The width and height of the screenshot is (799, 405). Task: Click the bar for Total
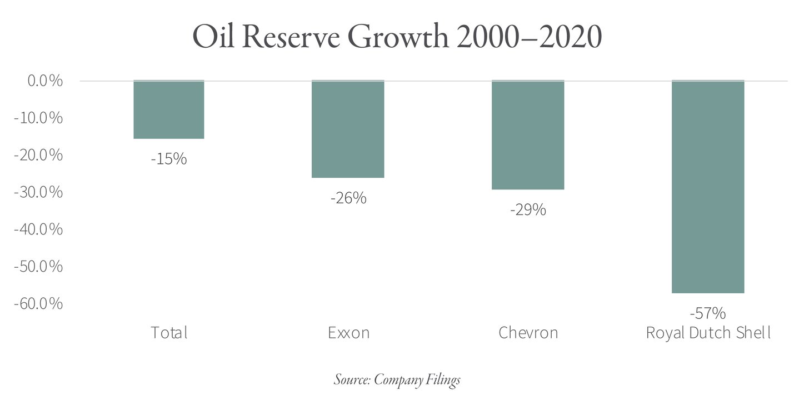(169, 109)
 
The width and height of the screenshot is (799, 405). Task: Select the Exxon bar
(348, 129)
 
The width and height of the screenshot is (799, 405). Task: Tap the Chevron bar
(528, 135)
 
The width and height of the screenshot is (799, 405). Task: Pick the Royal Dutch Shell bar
(707, 187)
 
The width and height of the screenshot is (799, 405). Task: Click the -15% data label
(169, 159)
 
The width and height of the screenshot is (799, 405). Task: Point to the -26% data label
(348, 198)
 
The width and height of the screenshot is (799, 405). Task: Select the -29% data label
(528, 210)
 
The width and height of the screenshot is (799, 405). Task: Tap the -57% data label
(707, 313)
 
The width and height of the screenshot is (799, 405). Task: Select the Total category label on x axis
(169, 333)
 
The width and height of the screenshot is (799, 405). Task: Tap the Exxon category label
(348, 333)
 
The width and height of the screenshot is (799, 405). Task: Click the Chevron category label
(528, 333)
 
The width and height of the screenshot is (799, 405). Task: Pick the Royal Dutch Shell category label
(708, 333)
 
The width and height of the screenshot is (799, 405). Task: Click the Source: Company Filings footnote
(397, 380)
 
